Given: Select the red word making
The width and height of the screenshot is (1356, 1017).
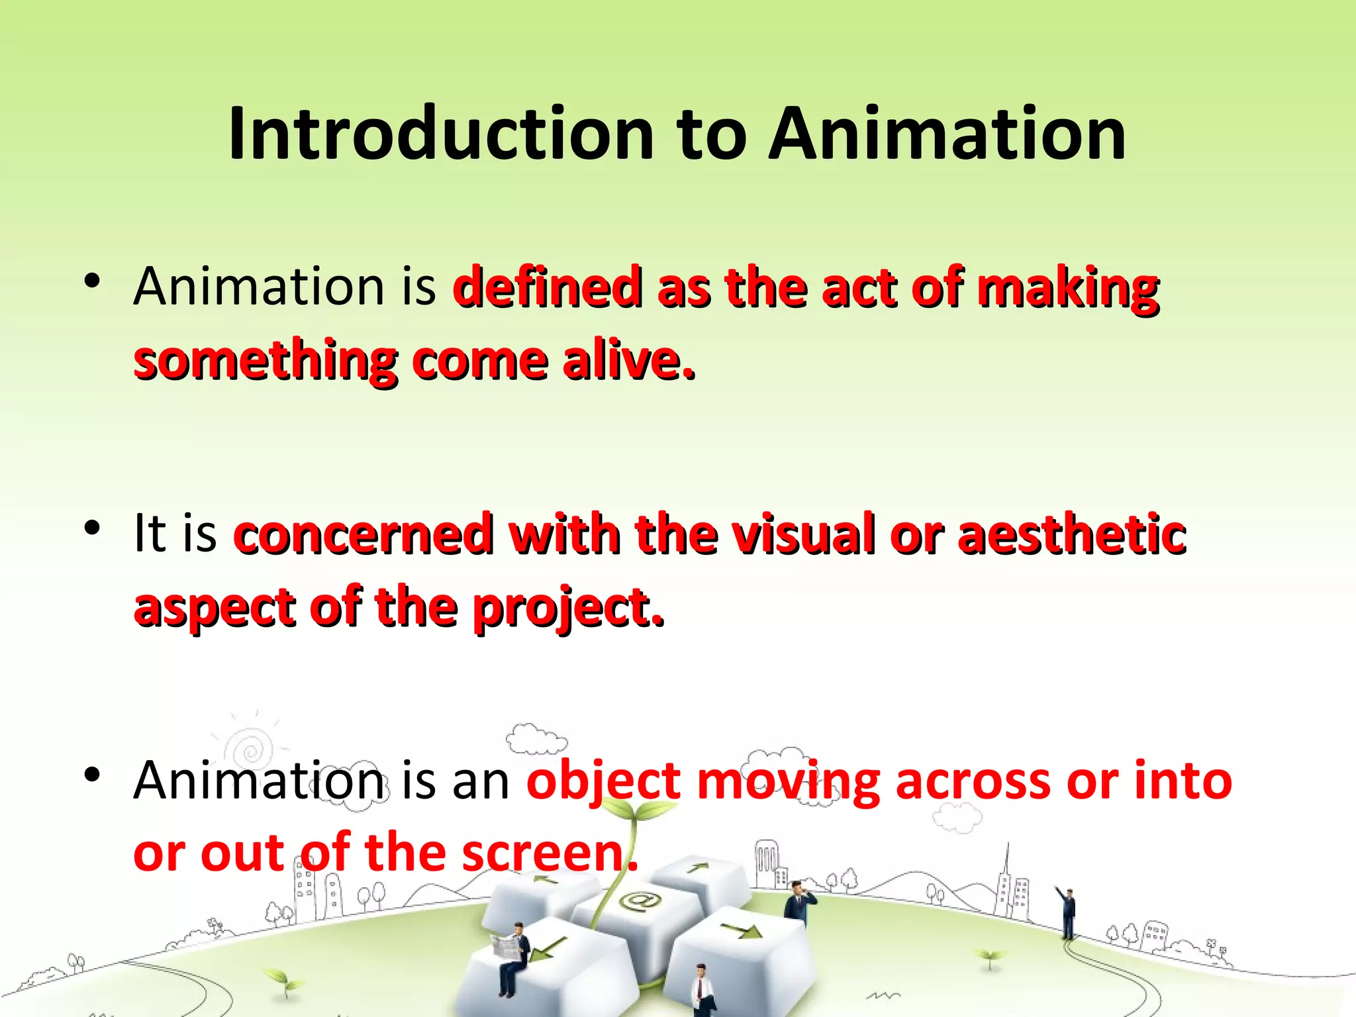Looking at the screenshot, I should pos(1068,289).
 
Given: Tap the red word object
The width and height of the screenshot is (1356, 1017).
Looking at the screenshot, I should pos(603,781).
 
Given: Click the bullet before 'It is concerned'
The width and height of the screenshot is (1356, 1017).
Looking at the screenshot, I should pos(92,528).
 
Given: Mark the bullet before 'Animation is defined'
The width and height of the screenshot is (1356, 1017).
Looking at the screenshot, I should pos(92,281).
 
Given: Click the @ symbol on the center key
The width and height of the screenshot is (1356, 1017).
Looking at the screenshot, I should pos(640,901).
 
